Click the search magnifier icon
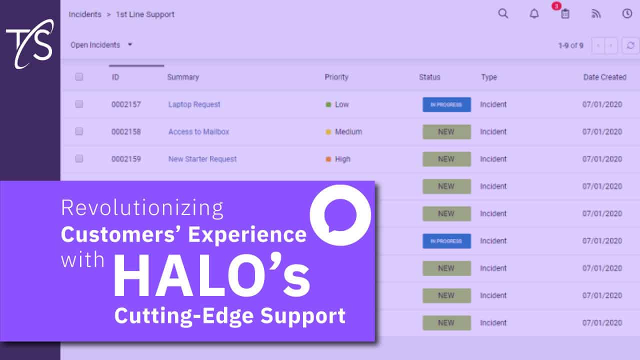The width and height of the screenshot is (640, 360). pos(503,13)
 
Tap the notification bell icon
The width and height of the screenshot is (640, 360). pos(534,14)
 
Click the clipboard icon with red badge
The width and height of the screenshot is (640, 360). pos(564,13)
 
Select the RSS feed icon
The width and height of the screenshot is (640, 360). pos(596,14)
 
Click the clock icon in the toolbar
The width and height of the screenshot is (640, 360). pos(627,13)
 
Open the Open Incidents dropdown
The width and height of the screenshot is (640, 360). pos(101,45)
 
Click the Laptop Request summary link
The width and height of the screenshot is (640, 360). pos(194,104)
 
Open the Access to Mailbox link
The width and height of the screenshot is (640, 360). pos(198,132)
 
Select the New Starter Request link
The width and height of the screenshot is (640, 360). pos(202,159)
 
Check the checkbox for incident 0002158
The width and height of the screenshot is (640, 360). pos(79,131)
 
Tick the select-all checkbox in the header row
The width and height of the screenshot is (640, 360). pos(79,77)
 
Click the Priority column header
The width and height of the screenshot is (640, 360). pos(336,77)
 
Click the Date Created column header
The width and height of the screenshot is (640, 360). pos(604,77)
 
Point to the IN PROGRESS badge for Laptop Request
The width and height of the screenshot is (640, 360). pos(446,104)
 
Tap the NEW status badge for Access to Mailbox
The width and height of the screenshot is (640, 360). pos(446,132)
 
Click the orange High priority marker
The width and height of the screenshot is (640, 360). pos(328,159)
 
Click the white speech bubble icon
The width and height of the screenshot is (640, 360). pos(340,215)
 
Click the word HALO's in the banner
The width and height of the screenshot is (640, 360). pos(211,277)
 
